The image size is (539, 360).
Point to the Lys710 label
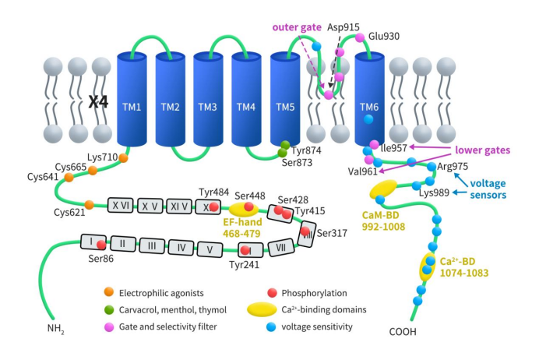102,157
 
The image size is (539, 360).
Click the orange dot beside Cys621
89,205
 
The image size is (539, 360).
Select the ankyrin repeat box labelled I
93,241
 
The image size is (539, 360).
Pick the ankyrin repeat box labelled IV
181,248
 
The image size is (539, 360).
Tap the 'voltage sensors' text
493,188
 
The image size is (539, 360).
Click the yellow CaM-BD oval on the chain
382,189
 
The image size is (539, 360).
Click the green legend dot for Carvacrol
110,309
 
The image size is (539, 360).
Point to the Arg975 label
453,166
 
